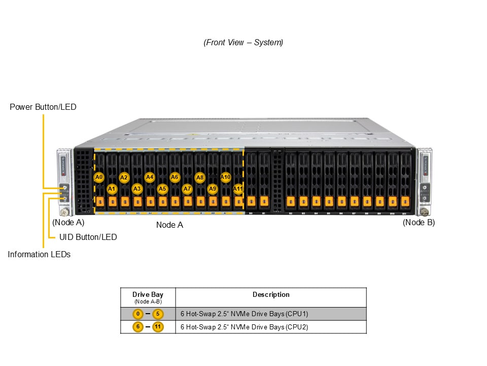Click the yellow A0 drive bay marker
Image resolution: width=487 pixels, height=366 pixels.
pos(99,177)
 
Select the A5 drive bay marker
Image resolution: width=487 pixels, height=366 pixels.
pos(162,189)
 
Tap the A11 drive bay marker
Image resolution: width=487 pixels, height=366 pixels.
pos(238,189)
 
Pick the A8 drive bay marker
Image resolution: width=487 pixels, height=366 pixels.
pos(200,177)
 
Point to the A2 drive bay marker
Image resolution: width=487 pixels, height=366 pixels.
pos(124,177)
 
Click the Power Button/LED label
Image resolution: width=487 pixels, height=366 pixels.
pos(43,107)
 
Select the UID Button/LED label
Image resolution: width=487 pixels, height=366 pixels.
pos(88,237)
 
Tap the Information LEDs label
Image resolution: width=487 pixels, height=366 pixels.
pos(39,254)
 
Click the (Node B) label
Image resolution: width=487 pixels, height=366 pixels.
pos(419,222)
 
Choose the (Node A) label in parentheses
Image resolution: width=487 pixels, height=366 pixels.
pos(68,222)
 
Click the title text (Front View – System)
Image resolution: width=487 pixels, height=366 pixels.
pos(243,43)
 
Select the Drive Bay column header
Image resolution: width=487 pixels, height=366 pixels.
pos(148,295)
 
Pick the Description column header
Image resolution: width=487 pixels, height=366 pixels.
pos(271,294)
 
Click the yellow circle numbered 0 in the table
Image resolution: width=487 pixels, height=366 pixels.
pos(137,314)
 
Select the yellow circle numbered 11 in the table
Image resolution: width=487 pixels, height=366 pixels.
pos(158,327)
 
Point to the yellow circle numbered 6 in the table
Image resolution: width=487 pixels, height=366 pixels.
pos(137,327)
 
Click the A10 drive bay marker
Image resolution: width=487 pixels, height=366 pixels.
pos(226,177)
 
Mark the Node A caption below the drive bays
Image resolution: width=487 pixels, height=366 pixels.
pos(169,225)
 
